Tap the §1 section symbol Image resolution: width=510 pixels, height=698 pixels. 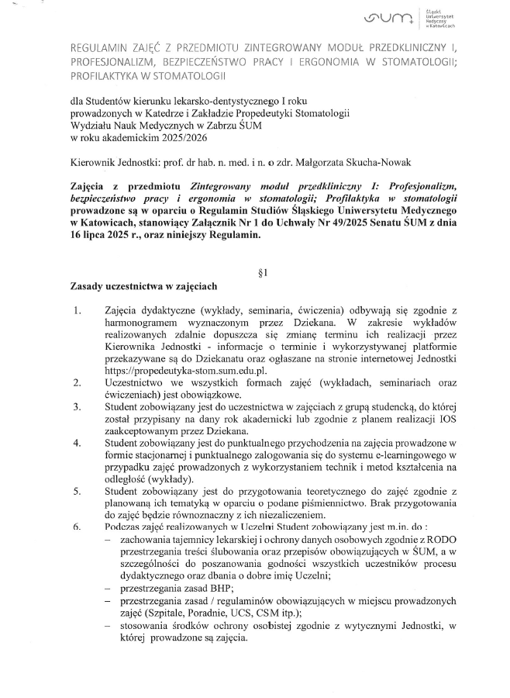pyautogui.click(x=261, y=274)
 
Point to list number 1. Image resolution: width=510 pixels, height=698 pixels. pyautogui.click(x=77, y=310)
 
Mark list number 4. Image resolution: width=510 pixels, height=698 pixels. pyautogui.click(x=77, y=443)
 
